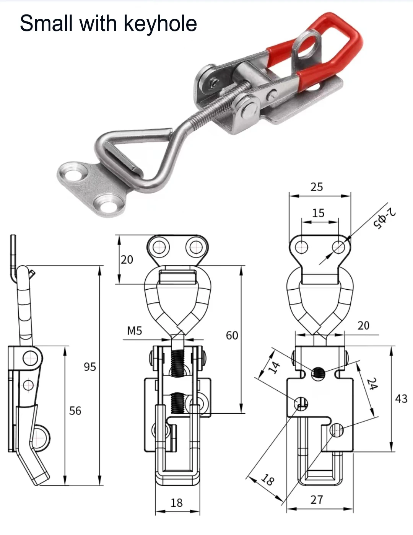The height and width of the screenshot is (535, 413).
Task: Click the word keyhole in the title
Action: pos(160,24)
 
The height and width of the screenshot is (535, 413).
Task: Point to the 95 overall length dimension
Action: pos(90,367)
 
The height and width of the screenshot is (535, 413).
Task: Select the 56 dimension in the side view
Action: pos(75,411)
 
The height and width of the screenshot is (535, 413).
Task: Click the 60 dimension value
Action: pos(232,335)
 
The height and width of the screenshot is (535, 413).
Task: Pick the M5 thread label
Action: pos(135,330)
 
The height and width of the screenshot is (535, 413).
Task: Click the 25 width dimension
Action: pos(317,187)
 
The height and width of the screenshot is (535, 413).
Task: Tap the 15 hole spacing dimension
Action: pos(318,213)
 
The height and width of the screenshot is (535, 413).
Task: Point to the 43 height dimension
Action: pos(401,399)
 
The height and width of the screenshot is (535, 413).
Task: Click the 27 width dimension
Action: pos(317,499)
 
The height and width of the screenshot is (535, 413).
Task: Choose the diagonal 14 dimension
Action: pos(274,367)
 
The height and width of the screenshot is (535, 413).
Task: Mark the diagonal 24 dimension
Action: pos(372,384)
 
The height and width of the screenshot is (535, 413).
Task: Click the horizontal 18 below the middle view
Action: pos(176,502)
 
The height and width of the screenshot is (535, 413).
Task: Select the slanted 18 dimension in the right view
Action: pos(268,480)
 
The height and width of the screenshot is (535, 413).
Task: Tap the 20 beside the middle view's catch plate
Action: pos(127,259)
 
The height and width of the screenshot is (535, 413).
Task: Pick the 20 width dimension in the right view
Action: pos(363,325)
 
